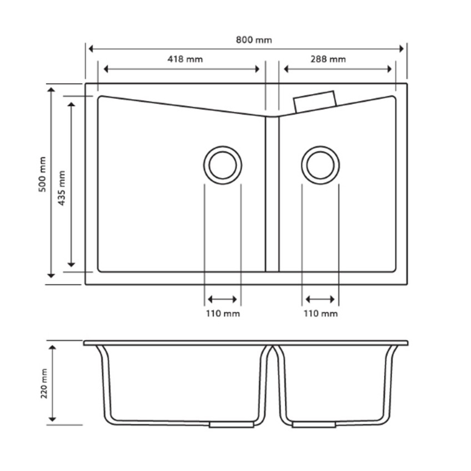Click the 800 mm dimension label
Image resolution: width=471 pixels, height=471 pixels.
coord(247,40)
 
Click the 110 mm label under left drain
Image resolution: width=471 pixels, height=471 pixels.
coord(223,314)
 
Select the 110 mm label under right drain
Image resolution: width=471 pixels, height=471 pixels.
coord(320,314)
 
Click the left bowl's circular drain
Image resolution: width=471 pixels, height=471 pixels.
coord(223,165)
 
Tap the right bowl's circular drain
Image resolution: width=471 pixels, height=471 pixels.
coord(320,165)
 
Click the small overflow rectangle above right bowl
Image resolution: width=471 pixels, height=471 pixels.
coord(315,101)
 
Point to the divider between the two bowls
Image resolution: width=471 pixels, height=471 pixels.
coord(272,194)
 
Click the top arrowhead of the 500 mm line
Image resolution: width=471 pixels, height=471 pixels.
coord(51,90)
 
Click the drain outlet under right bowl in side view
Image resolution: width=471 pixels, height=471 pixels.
coord(314,425)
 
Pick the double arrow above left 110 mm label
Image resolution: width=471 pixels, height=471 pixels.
coord(223,300)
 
